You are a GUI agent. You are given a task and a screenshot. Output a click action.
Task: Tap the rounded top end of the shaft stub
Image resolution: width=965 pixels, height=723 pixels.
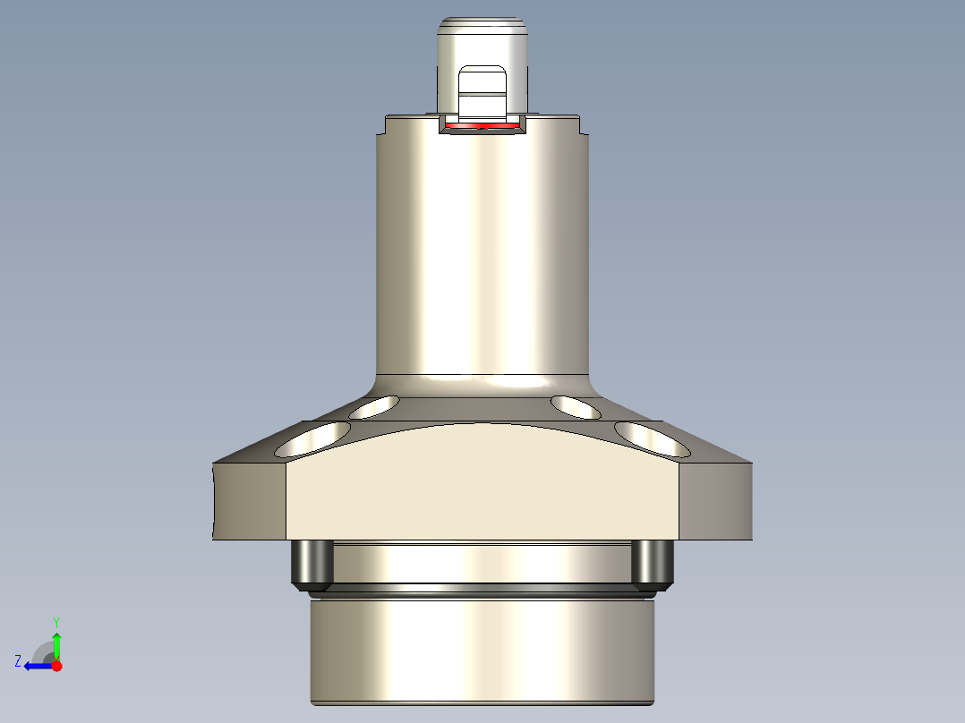click(482, 25)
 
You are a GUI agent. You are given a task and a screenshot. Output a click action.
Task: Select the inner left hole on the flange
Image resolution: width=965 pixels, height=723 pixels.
click(375, 408)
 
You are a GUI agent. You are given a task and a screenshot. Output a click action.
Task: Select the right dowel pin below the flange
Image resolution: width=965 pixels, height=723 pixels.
click(652, 563)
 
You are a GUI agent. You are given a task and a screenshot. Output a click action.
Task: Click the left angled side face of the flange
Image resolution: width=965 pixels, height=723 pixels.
click(250, 501)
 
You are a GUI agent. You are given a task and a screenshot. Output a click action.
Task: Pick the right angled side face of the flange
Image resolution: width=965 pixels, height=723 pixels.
click(716, 501)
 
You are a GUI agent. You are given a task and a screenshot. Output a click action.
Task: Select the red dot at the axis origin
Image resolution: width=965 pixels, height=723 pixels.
click(56, 666)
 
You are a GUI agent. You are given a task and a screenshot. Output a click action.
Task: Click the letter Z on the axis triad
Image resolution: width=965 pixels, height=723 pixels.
click(18, 661)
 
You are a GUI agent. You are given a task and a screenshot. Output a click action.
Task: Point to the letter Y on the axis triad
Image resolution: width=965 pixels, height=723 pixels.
click(56, 621)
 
